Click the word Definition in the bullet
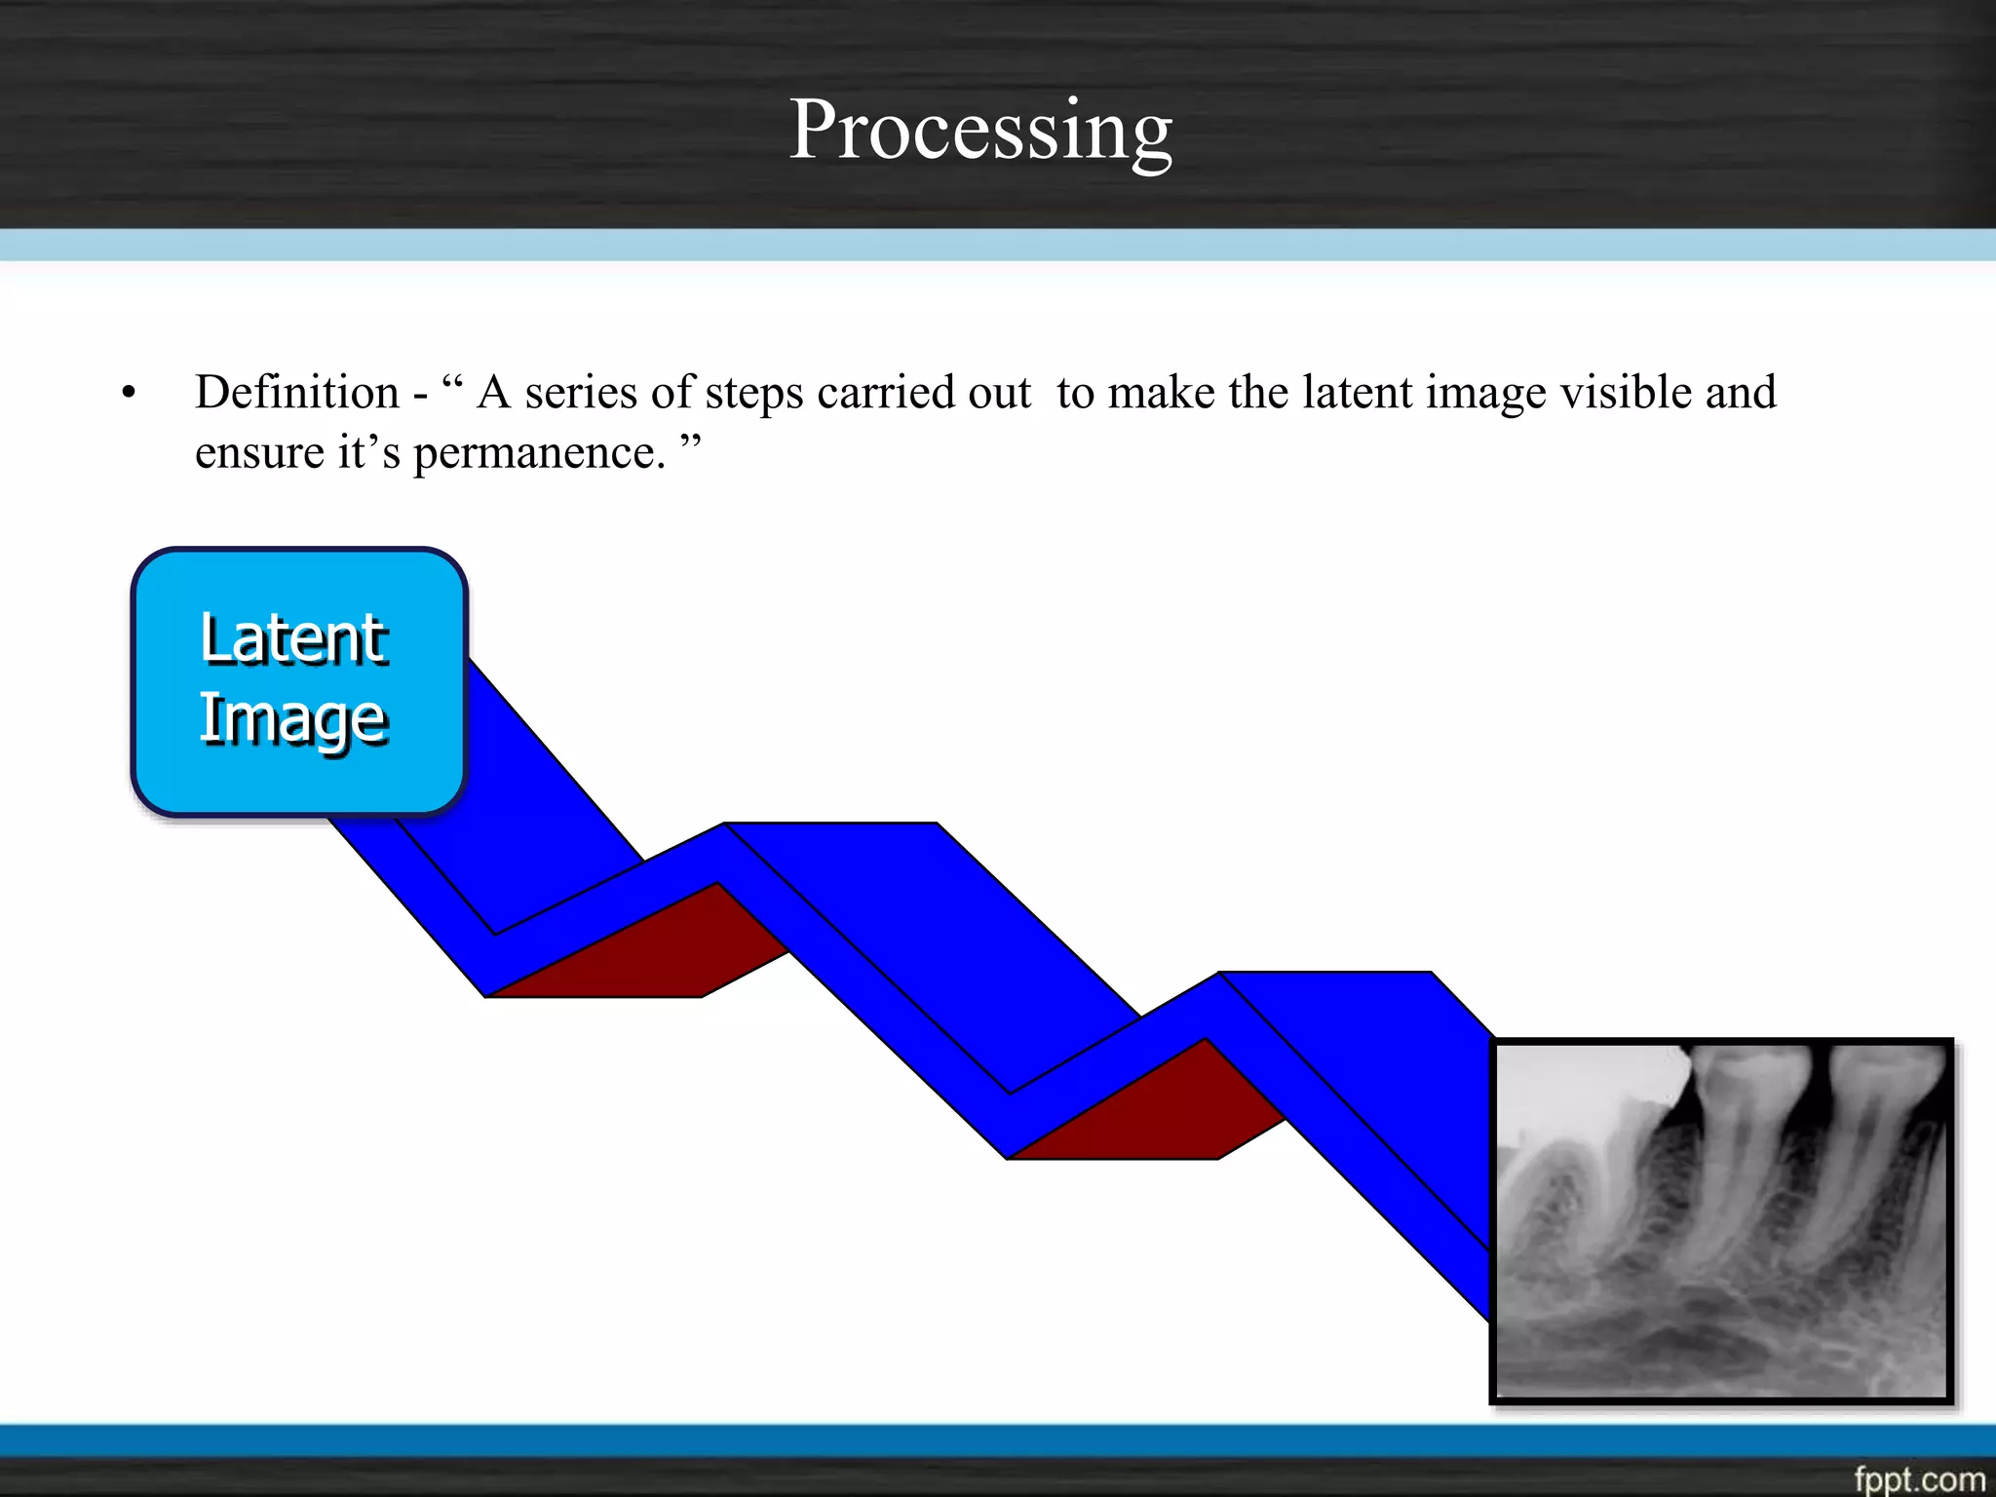[297, 393]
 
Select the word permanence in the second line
[539, 453]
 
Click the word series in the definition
[581, 393]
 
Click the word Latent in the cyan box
[293, 640]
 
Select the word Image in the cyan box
[293, 719]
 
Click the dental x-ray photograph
[1722, 1220]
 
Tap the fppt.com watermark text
[1918, 1478]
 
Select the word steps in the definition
[754, 393]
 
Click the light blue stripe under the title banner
[998, 245]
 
